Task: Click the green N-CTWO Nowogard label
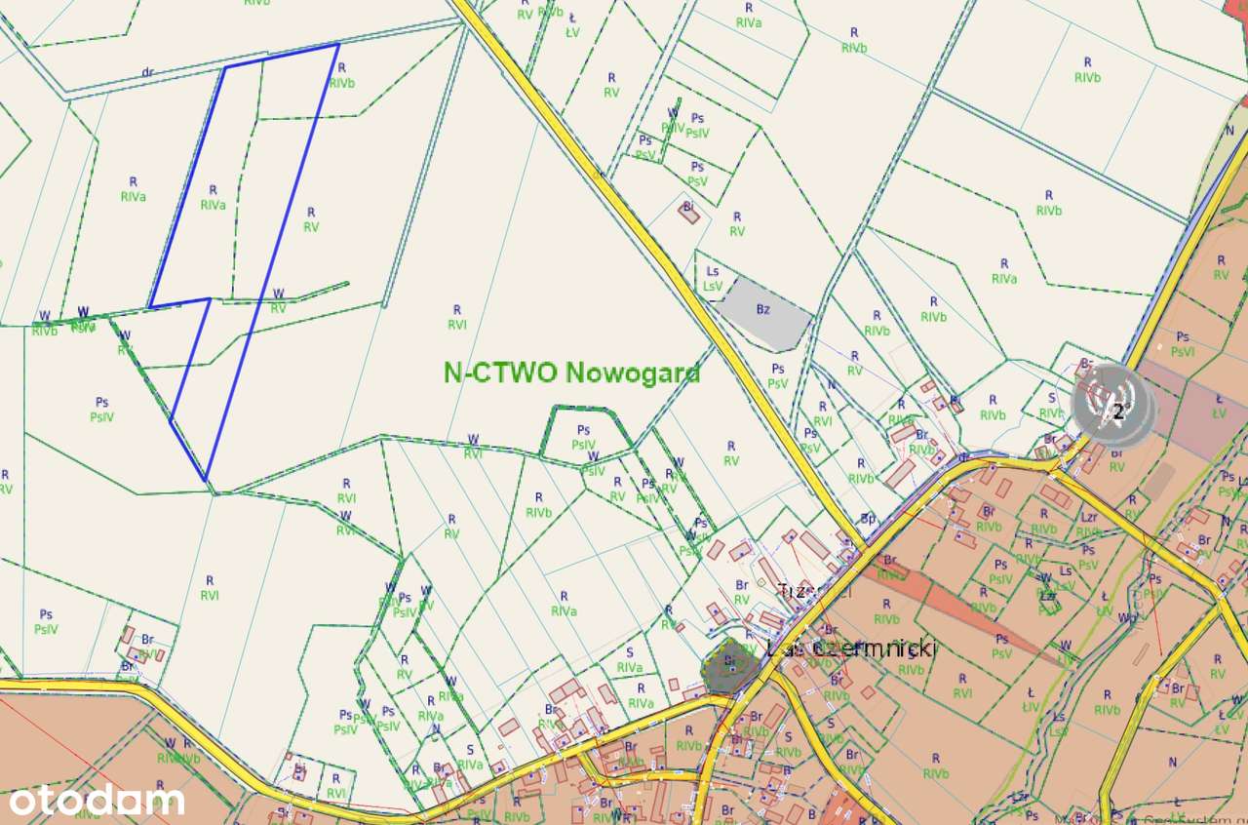point(571,373)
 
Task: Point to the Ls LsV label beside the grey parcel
point(713,279)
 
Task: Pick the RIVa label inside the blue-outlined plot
point(214,198)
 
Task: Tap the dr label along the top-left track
point(148,72)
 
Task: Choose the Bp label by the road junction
point(867,519)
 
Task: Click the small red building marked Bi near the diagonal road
point(689,212)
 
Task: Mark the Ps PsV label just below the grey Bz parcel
point(777,375)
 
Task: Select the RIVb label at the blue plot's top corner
point(341,76)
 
